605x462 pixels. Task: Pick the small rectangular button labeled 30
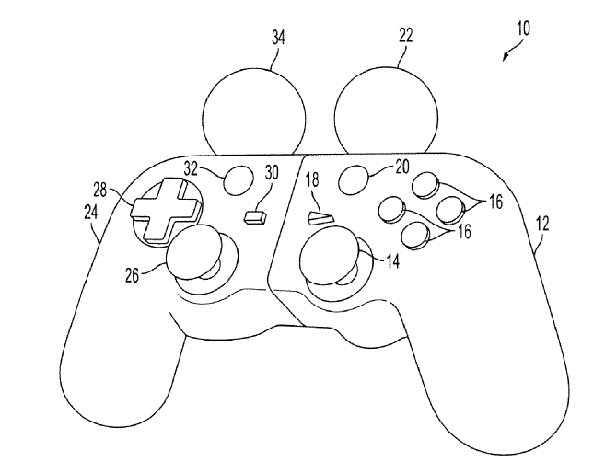254,217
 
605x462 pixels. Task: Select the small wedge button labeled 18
318,219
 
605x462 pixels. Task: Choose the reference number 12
543,221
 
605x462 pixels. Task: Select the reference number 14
392,262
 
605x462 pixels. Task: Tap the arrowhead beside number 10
506,58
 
